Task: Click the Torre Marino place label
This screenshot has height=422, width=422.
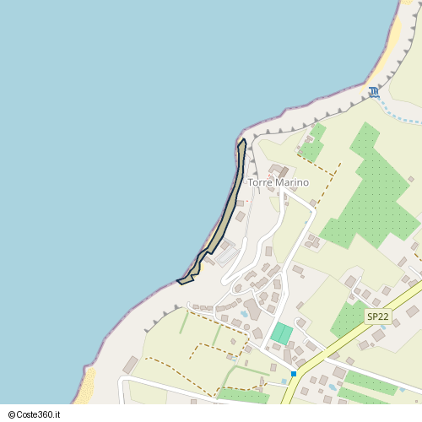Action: click(278, 182)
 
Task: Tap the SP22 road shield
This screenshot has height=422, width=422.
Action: click(377, 316)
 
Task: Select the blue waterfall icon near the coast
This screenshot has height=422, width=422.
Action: click(374, 92)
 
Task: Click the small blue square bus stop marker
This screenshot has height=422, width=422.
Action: click(294, 373)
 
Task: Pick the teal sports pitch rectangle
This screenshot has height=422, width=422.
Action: click(281, 333)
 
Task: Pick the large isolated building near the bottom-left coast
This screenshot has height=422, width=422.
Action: click(130, 365)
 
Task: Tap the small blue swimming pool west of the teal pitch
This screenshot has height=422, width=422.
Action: click(244, 313)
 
